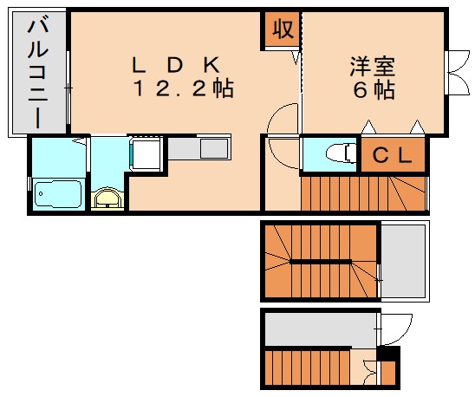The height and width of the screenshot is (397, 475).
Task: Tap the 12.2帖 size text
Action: (x=183, y=89)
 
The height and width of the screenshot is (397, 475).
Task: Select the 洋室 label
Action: (x=374, y=65)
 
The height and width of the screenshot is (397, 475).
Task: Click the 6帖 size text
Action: (x=374, y=90)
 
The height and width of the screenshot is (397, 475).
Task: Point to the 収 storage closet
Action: (x=282, y=29)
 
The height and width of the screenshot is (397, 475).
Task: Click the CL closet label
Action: (x=393, y=155)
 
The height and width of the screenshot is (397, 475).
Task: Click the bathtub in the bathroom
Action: (x=58, y=195)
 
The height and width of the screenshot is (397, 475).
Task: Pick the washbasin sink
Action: (x=107, y=198)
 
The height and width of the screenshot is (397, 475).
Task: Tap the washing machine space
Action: (x=146, y=155)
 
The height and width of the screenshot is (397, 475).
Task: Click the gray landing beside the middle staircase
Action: (x=405, y=260)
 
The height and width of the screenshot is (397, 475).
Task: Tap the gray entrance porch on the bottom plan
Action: (x=321, y=329)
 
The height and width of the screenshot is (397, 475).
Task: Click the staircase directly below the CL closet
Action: (x=362, y=192)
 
